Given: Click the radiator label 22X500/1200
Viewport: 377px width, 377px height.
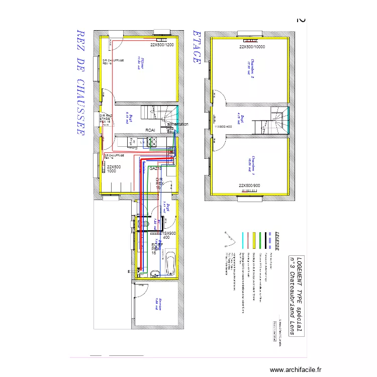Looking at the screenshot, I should [161, 45].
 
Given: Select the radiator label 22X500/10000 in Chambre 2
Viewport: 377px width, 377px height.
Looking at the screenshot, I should [252, 47].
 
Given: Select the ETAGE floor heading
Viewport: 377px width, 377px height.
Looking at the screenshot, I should [197, 46].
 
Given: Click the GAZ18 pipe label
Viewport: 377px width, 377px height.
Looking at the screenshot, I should [155, 168].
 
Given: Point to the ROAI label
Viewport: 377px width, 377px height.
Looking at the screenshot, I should [150, 130].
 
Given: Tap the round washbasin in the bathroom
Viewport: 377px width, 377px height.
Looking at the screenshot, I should [155, 273].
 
